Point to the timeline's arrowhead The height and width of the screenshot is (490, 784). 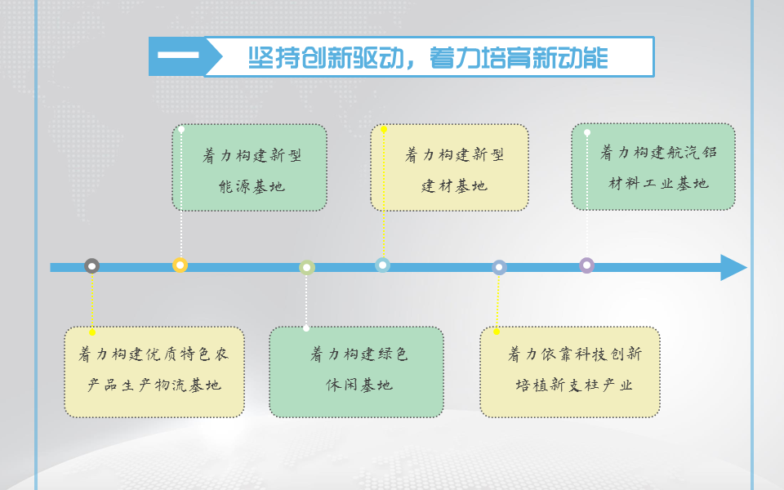tap(733, 268)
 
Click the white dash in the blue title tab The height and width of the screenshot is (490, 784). tap(178, 55)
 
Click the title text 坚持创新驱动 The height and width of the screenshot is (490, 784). tap(326, 58)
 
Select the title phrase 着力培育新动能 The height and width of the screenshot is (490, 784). tap(519, 58)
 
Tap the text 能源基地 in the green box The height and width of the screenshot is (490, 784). tap(252, 187)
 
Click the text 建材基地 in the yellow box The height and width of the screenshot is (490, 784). tap(454, 186)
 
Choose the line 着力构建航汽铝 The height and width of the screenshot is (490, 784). tap(658, 152)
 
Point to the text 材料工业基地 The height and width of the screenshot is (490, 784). tap(658, 184)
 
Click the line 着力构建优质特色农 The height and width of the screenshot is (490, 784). tap(154, 354)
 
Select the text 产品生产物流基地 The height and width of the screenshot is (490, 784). tap(154, 385)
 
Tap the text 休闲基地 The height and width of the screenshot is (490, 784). tap(359, 385)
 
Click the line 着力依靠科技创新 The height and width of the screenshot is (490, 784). tap(574, 354)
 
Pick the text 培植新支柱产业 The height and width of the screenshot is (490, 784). tap(574, 385)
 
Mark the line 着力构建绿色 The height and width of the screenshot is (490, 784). tap(359, 354)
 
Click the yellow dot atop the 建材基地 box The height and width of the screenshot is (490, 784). tap(384, 130)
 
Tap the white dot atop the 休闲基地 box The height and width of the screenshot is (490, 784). tap(306, 328)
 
